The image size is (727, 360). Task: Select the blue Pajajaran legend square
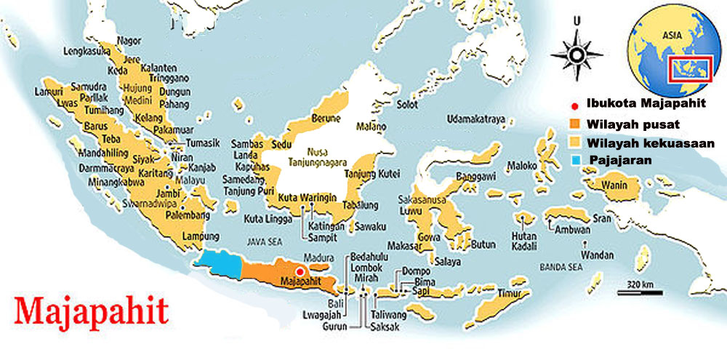click(574, 157)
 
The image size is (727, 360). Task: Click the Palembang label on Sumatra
click(169, 215)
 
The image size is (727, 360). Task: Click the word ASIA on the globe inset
click(670, 34)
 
